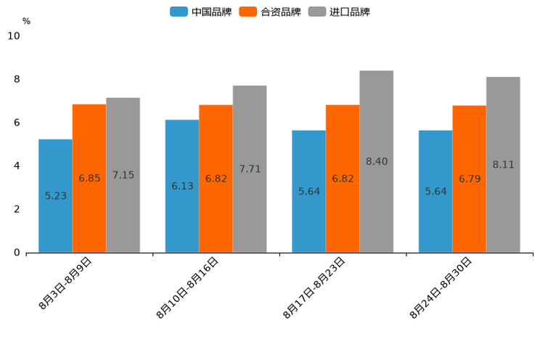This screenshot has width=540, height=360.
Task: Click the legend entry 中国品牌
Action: pyautogui.click(x=201, y=12)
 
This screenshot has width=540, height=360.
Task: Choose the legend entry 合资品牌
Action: pyautogui.click(x=270, y=12)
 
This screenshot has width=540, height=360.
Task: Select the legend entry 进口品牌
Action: pyautogui.click(x=339, y=12)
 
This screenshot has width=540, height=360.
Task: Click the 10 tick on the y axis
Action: pyautogui.click(x=13, y=36)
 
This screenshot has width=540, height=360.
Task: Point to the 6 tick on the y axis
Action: pyautogui.click(x=17, y=123)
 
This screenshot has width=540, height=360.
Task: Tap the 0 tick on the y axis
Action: pyautogui.click(x=17, y=253)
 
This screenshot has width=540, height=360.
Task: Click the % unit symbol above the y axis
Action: pyautogui.click(x=26, y=21)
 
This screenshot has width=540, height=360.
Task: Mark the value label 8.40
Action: pyautogui.click(x=377, y=161)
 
